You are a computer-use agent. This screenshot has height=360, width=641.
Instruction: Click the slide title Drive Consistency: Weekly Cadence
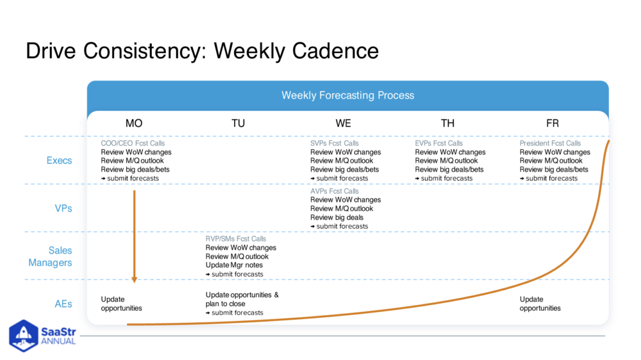pyautogui.click(x=202, y=51)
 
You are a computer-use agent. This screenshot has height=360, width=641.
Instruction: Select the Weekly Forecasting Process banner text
pyautogui.click(x=347, y=95)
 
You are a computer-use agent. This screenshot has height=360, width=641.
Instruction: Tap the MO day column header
pyautogui.click(x=134, y=123)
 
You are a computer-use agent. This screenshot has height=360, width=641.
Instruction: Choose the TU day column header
pyautogui.click(x=238, y=123)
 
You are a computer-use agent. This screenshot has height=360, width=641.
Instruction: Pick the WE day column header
pyautogui.click(x=343, y=123)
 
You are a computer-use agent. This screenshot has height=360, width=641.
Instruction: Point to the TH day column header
pyautogui.click(x=447, y=123)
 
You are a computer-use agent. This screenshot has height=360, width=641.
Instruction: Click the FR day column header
pyautogui.click(x=552, y=123)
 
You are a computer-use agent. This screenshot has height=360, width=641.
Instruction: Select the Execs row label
pyautogui.click(x=59, y=160)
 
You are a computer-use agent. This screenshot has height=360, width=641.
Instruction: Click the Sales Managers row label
pyautogui.click(x=51, y=256)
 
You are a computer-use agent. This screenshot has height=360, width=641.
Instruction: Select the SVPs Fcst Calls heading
pyautogui.click(x=335, y=143)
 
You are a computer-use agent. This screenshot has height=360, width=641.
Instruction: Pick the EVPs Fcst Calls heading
pyautogui.click(x=439, y=143)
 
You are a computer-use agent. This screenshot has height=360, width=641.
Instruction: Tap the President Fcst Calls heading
pyautogui.click(x=550, y=143)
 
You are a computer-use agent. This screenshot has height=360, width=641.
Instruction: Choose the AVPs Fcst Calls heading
pyautogui.click(x=335, y=192)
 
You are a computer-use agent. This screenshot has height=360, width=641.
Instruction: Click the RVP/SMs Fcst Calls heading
pyautogui.click(x=235, y=239)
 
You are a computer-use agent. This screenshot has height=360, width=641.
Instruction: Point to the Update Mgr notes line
pyautogui.click(x=234, y=265)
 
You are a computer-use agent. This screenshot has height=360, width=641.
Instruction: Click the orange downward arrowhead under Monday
pyautogui.click(x=135, y=279)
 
